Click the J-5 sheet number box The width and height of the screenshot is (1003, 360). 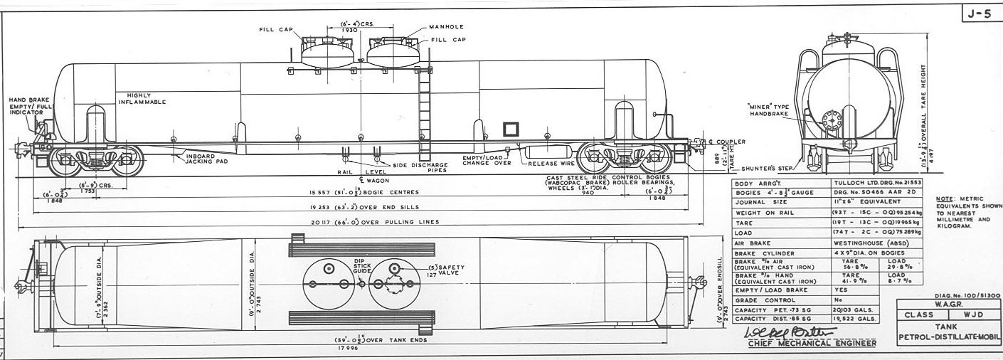[980, 14]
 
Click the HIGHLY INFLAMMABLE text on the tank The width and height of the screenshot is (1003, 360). [147, 99]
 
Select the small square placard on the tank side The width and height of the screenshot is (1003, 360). [510, 129]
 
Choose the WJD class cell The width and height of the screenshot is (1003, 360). [972, 314]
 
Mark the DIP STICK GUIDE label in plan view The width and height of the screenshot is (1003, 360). [363, 267]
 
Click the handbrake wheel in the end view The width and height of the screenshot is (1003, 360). [829, 119]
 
